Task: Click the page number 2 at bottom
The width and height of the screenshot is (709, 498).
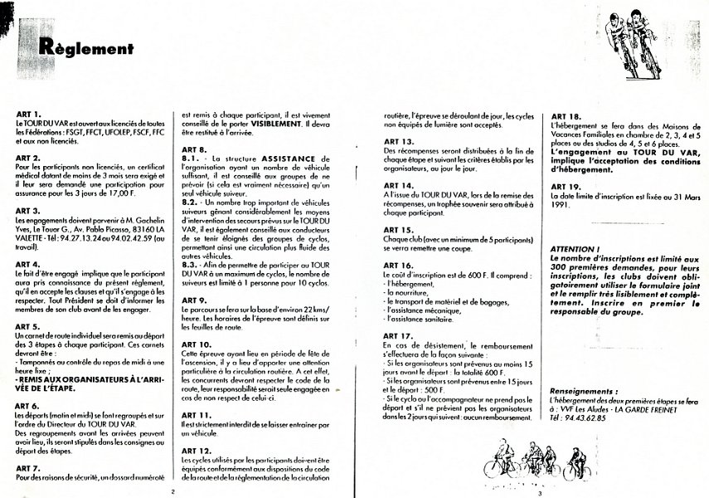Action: [x=172, y=491]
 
